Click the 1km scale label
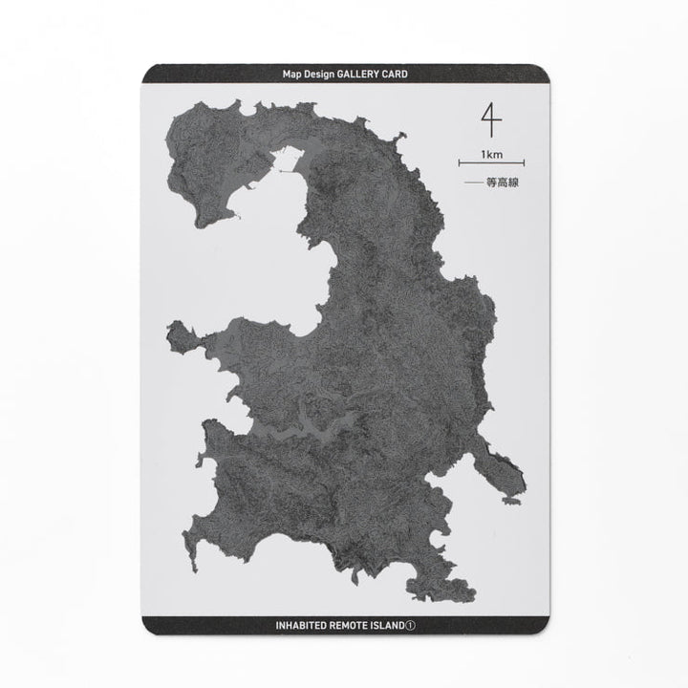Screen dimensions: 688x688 click(492, 154)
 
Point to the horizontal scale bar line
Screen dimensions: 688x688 click(492, 163)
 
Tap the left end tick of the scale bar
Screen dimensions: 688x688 click(460, 163)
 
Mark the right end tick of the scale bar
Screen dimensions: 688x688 click(525, 163)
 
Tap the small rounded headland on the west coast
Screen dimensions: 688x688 click(176, 335)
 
